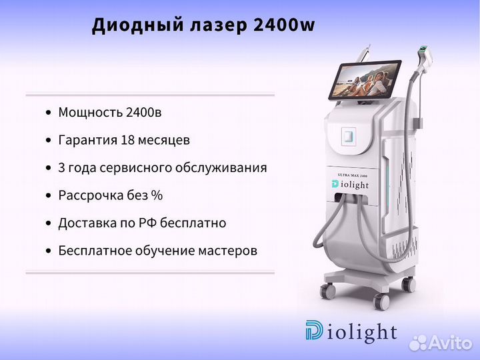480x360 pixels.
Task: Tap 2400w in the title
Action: pos(284,25)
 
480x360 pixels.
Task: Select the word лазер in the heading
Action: pos(218,26)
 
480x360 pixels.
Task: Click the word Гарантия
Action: pos(88,140)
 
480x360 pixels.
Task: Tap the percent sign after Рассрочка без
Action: pos(157,195)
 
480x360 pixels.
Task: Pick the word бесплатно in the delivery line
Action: pos(193,223)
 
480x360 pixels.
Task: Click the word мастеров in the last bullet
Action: pos(228,251)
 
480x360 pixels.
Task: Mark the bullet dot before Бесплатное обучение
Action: pos(48,251)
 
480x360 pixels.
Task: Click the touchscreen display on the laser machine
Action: pos(365,79)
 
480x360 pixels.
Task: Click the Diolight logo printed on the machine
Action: pos(350,185)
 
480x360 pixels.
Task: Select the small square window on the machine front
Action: pos(349,135)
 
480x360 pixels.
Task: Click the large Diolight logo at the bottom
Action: pos(351,331)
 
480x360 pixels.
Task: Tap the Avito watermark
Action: pos(441,342)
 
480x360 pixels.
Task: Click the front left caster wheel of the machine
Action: pos(327,291)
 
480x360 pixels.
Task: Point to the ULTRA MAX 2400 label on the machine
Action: pos(353,175)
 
